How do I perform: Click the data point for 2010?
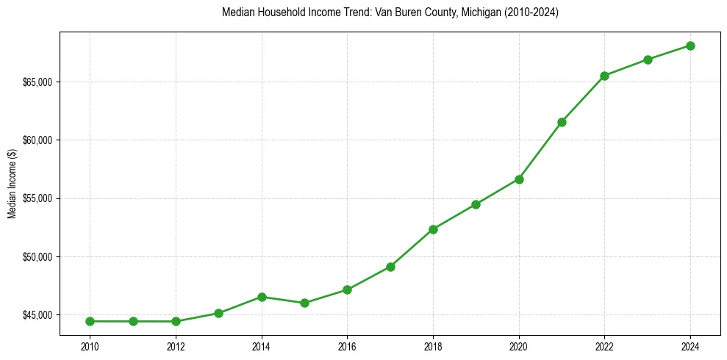pos(90,321)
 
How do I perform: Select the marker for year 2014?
pos(262,297)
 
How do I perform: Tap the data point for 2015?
pos(304,303)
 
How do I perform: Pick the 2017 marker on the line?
pos(390,267)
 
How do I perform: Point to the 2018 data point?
pos(433,229)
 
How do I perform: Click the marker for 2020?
pos(519,179)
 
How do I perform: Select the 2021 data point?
pos(562,122)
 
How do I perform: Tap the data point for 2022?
pos(604,76)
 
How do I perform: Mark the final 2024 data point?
pos(690,46)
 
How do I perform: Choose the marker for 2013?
pos(218,313)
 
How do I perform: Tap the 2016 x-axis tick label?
pos(347,345)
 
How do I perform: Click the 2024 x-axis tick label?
pos(690,345)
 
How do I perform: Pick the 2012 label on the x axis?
pos(176,345)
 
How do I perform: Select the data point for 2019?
pos(476,204)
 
